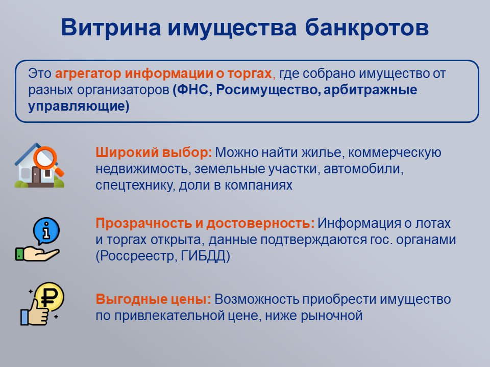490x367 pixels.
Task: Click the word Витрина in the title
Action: tap(111, 28)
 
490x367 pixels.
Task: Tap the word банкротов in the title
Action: tap(366, 27)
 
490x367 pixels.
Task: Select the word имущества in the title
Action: tap(232, 28)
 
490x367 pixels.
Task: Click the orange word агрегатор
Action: tap(88, 74)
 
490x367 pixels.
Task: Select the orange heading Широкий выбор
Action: tap(154, 153)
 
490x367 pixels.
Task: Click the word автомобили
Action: tap(363, 169)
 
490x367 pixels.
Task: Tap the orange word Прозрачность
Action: tap(144, 224)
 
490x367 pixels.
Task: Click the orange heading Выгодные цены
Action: tap(154, 299)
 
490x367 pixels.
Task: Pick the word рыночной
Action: tap(332, 316)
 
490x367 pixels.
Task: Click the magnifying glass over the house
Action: tap(46, 158)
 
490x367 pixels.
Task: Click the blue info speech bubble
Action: tap(46, 230)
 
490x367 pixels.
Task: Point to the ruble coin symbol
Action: tap(50, 296)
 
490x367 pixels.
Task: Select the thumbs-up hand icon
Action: tap(35, 312)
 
